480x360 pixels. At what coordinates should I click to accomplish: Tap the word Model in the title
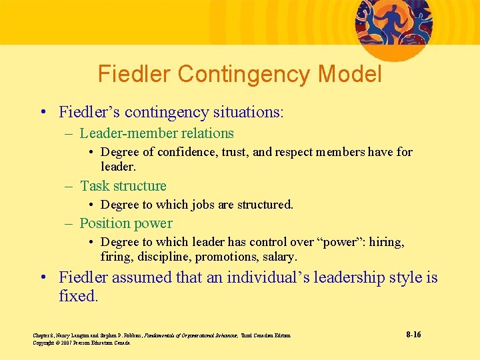(351, 74)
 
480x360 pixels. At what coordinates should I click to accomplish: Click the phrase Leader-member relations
(157, 133)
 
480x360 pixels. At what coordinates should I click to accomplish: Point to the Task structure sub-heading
(123, 186)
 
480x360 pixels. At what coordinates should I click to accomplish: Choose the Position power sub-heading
(126, 223)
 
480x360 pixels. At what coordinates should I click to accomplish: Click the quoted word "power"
(341, 242)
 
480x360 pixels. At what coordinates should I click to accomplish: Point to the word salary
(280, 257)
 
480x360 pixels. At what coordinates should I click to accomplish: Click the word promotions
(231, 257)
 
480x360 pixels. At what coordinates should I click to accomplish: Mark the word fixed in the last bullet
(77, 295)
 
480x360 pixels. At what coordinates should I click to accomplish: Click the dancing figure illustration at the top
(393, 20)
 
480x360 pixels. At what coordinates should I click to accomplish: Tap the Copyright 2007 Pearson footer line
(81, 343)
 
